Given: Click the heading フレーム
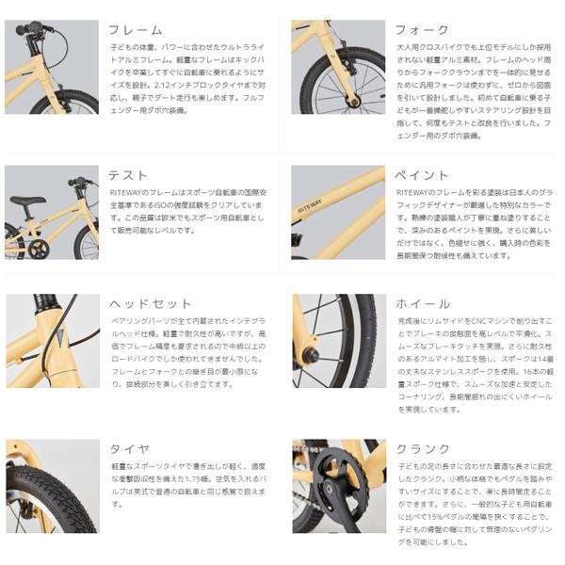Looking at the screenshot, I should [x=136, y=30].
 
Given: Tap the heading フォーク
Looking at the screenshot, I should [x=423, y=30].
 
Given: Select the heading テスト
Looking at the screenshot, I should [x=129, y=175].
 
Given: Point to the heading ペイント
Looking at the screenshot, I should [x=423, y=175].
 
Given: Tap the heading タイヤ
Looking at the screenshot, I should [x=129, y=448].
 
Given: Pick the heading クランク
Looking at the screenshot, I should [x=423, y=448].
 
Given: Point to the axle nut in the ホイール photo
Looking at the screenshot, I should [x=308, y=357].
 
